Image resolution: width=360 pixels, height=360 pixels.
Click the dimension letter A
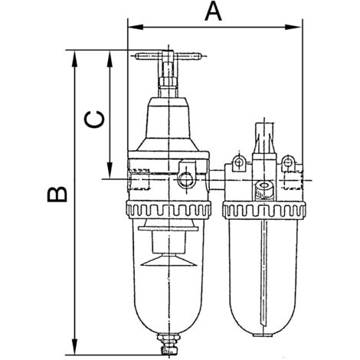[213, 12]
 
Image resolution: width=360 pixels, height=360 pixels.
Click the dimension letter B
[57, 195]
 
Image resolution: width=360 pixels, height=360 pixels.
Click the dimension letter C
[94, 119]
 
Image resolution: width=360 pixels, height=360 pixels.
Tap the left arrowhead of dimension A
[136, 27]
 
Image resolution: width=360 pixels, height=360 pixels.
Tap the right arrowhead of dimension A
[293, 27]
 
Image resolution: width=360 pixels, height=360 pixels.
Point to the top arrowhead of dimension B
[74, 59]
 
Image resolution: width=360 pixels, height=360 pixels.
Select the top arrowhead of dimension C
[110, 59]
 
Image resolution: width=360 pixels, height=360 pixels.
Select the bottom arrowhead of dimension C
[110, 170]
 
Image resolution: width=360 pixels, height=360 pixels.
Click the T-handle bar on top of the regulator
[169, 56]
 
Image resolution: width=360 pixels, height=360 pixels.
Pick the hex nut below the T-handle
[168, 82]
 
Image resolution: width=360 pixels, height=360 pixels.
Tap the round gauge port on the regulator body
[186, 179]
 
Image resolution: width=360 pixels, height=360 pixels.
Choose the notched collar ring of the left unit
[169, 210]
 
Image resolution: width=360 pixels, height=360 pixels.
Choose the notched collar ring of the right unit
[264, 210]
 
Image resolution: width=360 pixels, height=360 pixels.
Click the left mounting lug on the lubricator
[239, 163]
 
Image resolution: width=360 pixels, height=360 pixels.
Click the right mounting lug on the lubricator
[288, 163]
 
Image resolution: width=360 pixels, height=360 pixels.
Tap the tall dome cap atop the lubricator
[264, 138]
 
